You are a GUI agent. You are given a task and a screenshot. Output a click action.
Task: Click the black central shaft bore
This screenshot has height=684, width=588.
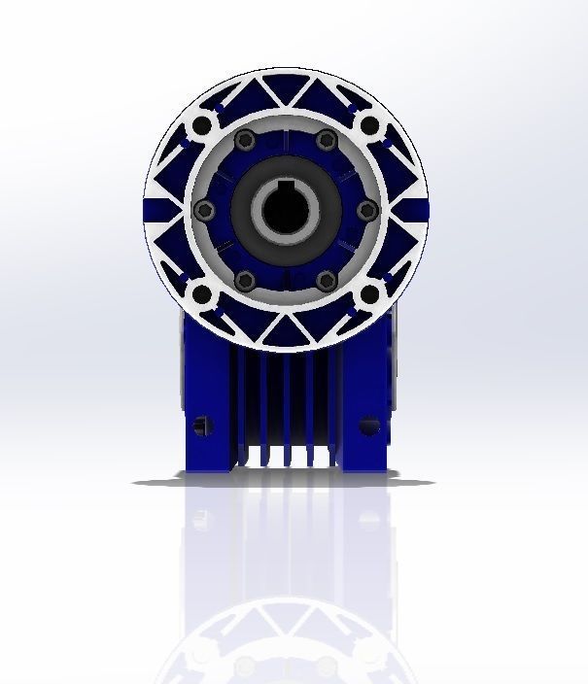[286, 212]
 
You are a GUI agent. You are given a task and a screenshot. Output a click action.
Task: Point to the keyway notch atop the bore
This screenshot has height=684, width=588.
[286, 186]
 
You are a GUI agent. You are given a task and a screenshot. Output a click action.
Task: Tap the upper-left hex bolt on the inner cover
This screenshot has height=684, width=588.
[245, 141]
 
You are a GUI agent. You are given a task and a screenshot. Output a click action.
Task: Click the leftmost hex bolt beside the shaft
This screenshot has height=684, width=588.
[203, 211]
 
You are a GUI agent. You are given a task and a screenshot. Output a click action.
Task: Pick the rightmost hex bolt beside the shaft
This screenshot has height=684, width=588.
[366, 211]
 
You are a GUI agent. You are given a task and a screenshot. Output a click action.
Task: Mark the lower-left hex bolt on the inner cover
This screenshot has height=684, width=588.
[245, 281]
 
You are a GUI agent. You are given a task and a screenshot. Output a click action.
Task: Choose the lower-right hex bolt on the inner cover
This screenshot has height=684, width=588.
[328, 281]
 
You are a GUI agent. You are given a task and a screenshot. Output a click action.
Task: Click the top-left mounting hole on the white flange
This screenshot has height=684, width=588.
[201, 126]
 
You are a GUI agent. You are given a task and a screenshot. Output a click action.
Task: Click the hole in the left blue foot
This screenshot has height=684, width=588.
[202, 425]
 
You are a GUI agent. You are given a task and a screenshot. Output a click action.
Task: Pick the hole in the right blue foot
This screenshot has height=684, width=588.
[368, 426]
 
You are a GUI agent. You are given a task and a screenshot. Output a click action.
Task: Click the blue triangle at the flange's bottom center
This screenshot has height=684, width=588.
[285, 330]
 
